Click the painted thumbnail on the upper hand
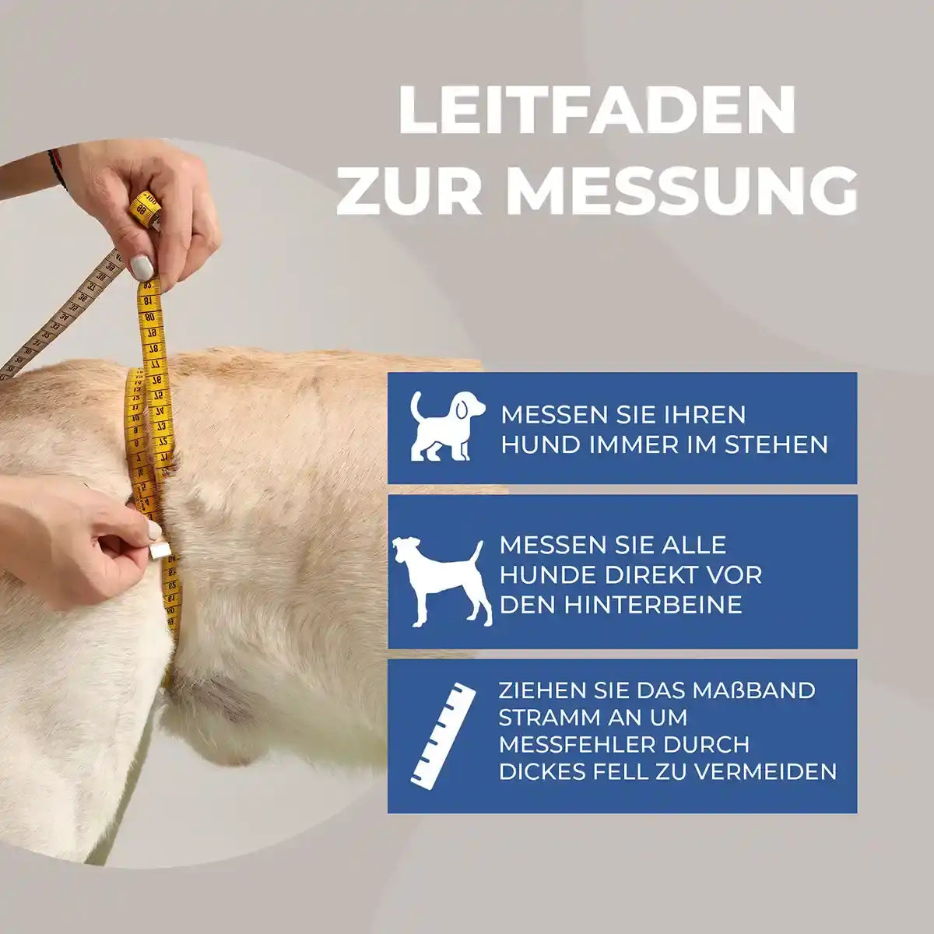(x=142, y=268)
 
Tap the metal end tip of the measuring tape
(x=160, y=552)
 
